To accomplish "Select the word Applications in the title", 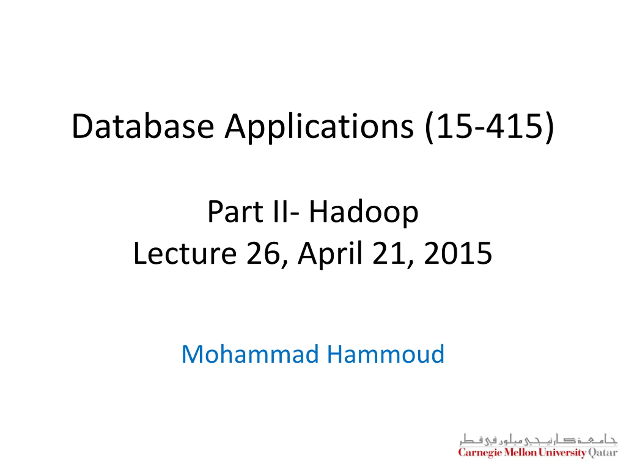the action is pyautogui.click(x=319, y=128).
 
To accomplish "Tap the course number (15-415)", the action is pyautogui.click(x=489, y=128).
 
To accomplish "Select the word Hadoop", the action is pyautogui.click(x=364, y=213).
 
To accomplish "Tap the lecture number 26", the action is pyautogui.click(x=263, y=253).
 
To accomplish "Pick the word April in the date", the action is pyautogui.click(x=330, y=255).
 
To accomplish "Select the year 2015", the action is pyautogui.click(x=458, y=253).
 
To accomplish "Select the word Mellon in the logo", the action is pyautogui.click(x=520, y=452).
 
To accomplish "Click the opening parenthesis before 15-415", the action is pyautogui.click(x=429, y=128).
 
